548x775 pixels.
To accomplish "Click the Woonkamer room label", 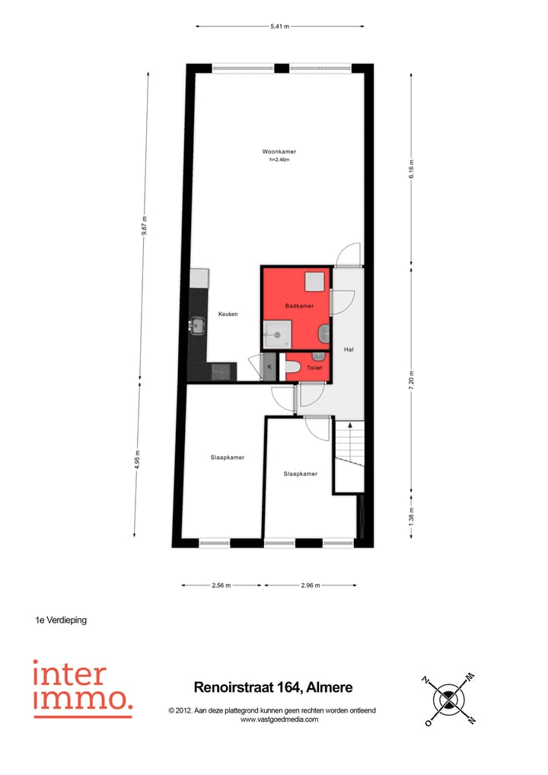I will click(279, 152).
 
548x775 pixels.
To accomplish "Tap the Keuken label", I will click(228, 314).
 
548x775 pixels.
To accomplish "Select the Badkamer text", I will click(299, 306).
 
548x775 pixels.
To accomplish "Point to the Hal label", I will click(349, 349).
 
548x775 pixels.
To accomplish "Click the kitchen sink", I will click(198, 326).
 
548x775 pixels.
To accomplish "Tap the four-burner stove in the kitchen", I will click(221, 372).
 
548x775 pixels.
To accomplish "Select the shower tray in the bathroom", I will click(276, 333).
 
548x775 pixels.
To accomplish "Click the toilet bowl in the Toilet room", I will click(293, 368).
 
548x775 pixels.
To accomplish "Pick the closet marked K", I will click(269, 367).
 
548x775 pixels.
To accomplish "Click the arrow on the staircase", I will click(349, 428).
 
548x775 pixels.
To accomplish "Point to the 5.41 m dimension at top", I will click(280, 27).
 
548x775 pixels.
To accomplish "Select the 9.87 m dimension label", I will click(145, 226).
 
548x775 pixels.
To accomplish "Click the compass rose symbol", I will click(449, 699).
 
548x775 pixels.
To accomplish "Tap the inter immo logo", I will click(81, 688).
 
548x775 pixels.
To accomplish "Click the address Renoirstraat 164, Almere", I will click(273, 687).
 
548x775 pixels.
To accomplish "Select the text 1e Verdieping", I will click(61, 620).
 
